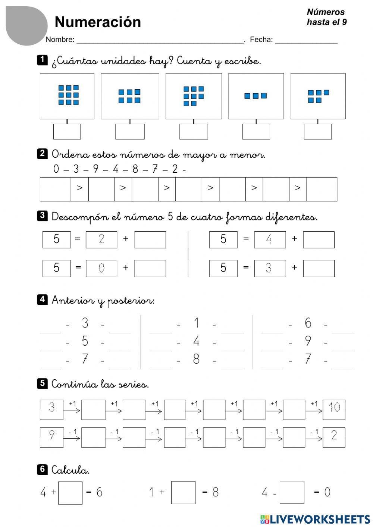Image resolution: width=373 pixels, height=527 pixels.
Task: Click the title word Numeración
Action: click(98, 22)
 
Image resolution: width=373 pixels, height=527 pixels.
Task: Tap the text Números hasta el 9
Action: click(326, 17)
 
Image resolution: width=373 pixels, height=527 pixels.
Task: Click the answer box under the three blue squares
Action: click(256, 132)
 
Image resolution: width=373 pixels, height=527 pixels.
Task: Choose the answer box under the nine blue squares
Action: click(67, 132)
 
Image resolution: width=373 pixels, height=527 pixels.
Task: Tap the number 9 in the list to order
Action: click(96, 169)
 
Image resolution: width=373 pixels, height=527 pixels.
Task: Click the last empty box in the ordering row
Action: click(322, 189)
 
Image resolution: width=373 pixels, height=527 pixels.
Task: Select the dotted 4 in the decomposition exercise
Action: click(269, 239)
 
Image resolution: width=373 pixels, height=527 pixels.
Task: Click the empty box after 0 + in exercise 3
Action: click(150, 269)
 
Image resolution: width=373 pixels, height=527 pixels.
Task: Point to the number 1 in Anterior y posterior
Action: click(196, 323)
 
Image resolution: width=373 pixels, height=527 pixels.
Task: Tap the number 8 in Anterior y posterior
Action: click(196, 359)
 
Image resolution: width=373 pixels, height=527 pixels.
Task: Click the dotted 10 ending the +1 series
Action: click(334, 408)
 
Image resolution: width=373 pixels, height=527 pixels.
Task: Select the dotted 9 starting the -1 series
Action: click(52, 435)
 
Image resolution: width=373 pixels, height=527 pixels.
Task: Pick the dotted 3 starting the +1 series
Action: click(52, 408)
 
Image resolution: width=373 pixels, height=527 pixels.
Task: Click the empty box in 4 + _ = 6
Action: click(70, 493)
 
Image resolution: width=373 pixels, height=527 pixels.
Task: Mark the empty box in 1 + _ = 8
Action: click(183, 493)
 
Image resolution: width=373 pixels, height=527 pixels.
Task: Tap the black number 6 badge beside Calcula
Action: click(42, 469)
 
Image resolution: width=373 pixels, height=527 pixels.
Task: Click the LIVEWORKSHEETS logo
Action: click(315, 519)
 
